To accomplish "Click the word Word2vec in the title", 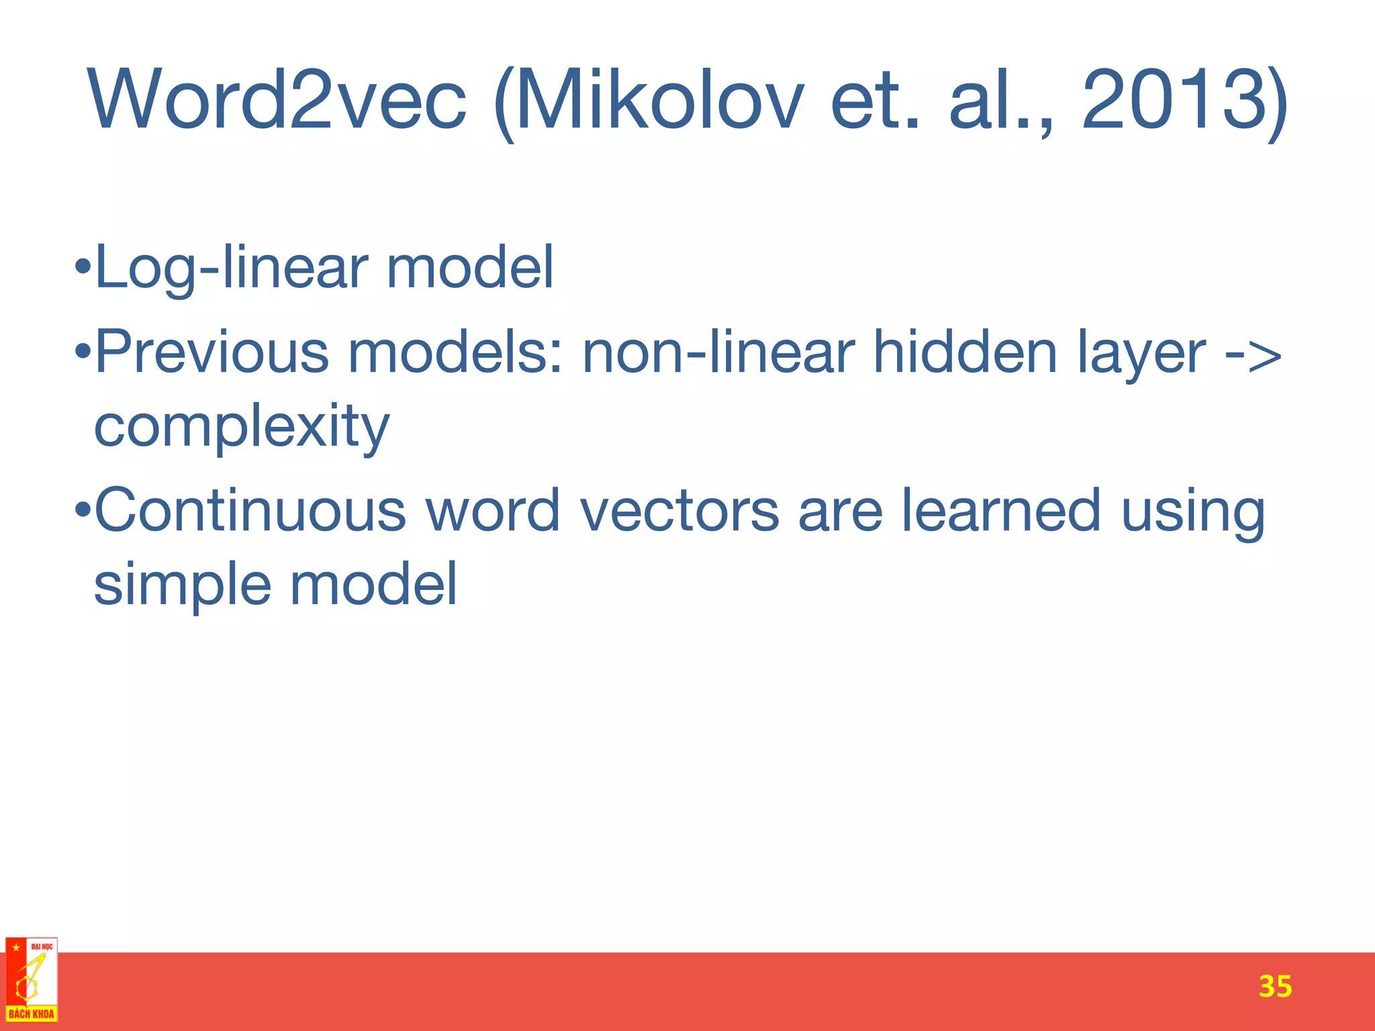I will [277, 101].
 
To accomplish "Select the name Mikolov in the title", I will [658, 101].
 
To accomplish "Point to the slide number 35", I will [1275, 987].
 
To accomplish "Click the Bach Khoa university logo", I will [32, 981].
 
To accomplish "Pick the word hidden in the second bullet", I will [965, 353].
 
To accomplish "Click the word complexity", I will [242, 428].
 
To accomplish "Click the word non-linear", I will [718, 353].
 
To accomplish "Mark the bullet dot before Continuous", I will [83, 510].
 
